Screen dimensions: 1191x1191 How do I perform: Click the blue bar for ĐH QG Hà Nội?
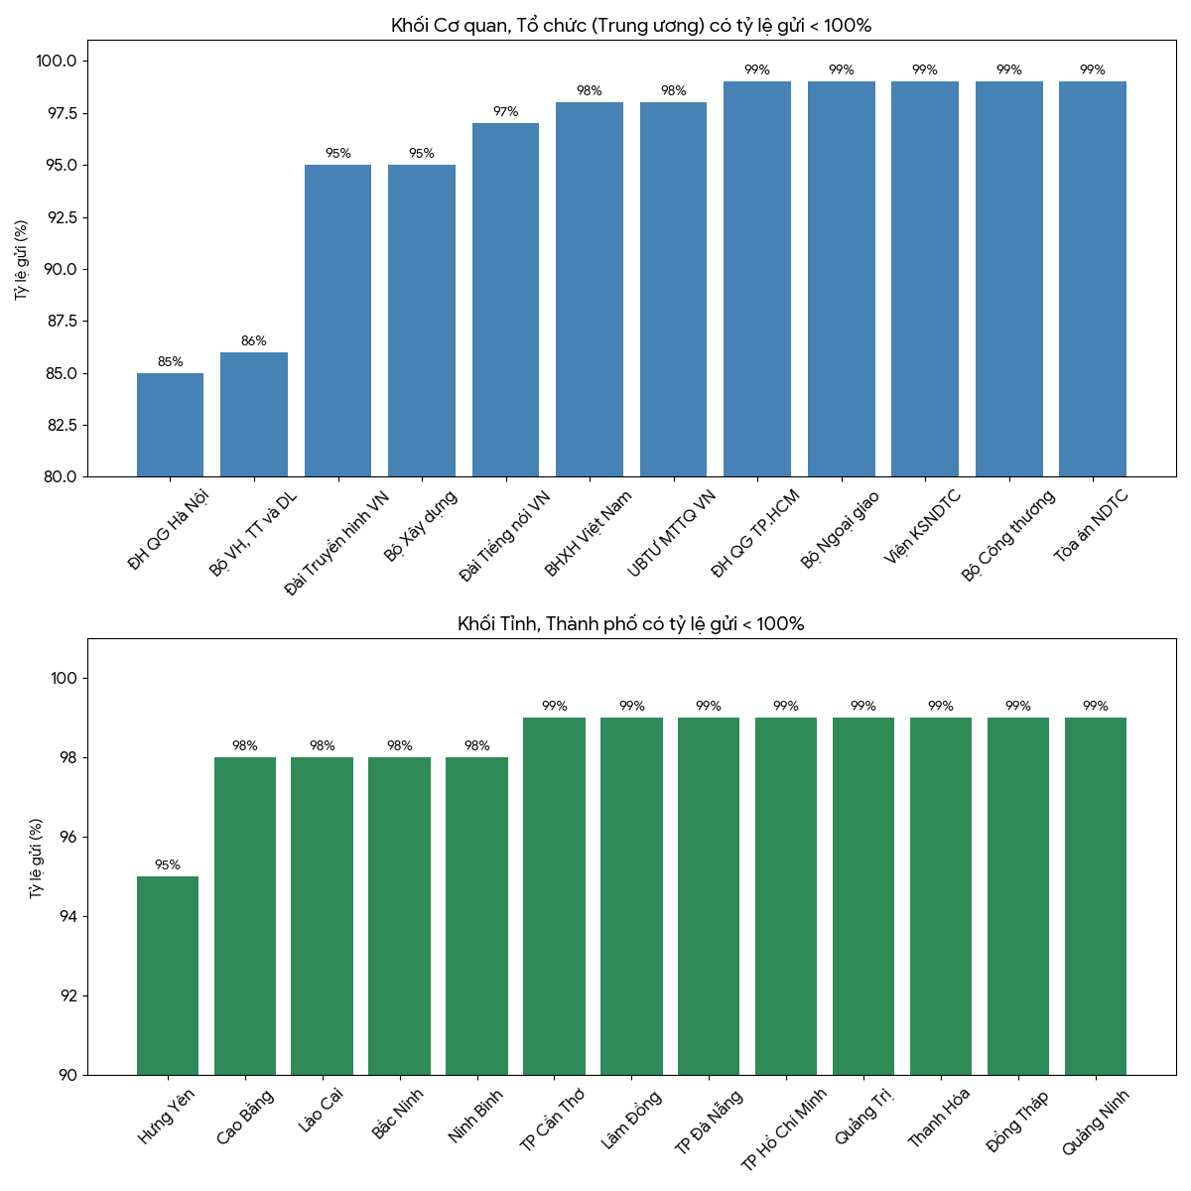click(x=170, y=425)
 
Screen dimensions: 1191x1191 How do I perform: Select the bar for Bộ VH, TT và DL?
click(x=254, y=415)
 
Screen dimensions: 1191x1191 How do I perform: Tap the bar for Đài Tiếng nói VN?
click(x=505, y=300)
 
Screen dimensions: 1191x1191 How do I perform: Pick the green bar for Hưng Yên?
click(x=168, y=976)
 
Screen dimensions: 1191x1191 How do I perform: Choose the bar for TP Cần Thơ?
click(x=554, y=896)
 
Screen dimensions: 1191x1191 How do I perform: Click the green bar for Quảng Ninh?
click(x=1095, y=896)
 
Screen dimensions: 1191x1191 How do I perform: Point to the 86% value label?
click(x=254, y=341)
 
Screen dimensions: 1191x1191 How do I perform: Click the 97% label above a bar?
click(x=505, y=112)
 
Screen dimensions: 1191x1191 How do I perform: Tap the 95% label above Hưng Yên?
click(x=168, y=865)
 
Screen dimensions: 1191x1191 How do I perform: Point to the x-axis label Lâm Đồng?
click(x=631, y=1120)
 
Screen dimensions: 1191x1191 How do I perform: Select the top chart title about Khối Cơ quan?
click(x=631, y=26)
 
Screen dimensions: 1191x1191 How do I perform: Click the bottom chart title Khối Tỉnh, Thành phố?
click(x=631, y=624)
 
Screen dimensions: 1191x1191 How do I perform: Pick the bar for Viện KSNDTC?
click(x=924, y=279)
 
